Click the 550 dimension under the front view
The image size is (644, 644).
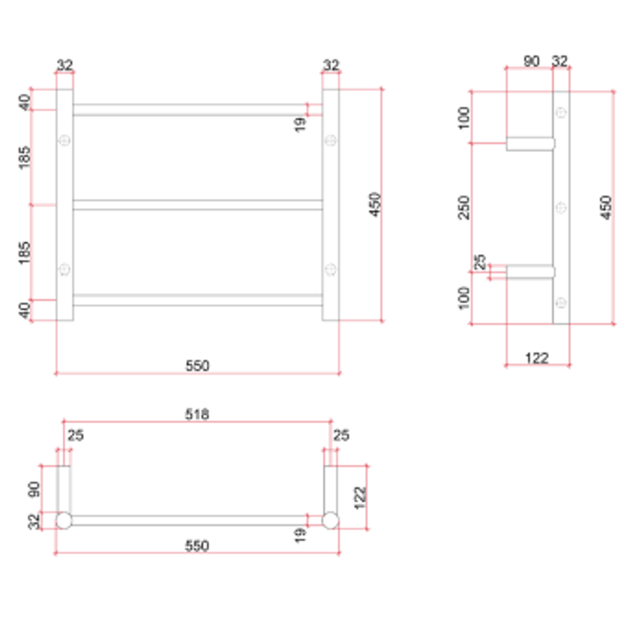(x=197, y=366)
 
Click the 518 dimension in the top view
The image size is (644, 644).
(x=197, y=414)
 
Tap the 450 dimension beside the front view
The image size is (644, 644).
(x=374, y=204)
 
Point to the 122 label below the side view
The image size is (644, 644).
(x=537, y=358)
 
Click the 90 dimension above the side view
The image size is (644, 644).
(x=531, y=61)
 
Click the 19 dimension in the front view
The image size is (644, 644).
(x=300, y=124)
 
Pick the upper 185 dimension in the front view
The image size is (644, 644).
(x=24, y=157)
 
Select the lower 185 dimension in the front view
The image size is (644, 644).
(x=24, y=252)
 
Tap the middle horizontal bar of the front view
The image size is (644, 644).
(x=197, y=205)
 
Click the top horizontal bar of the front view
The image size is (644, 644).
(x=197, y=110)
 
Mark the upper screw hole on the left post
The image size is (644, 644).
(x=64, y=140)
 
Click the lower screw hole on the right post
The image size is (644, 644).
(x=330, y=270)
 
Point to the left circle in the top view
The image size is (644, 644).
(x=63, y=520)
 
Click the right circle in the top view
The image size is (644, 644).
(x=330, y=520)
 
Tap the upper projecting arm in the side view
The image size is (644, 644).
(x=530, y=143)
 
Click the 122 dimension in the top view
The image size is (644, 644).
(x=359, y=497)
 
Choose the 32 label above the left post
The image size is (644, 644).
(x=64, y=64)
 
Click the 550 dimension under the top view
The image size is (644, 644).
(x=197, y=546)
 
